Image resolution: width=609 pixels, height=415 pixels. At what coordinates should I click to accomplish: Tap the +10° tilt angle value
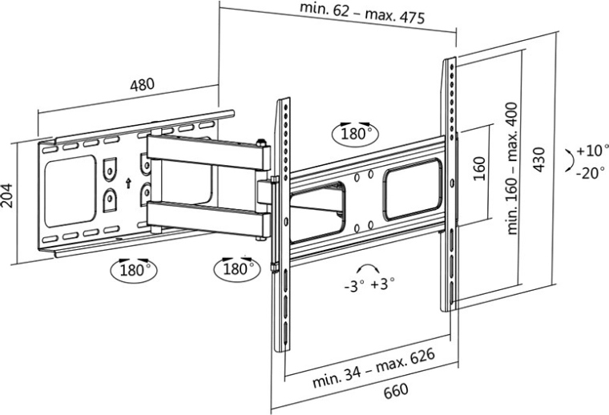coord(591,150)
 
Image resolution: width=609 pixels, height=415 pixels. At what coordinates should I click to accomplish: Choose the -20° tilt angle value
coord(591,172)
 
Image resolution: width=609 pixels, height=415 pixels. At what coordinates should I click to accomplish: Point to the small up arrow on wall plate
coord(127,182)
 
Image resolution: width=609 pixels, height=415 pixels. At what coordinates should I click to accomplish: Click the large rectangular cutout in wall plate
coord(71,193)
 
